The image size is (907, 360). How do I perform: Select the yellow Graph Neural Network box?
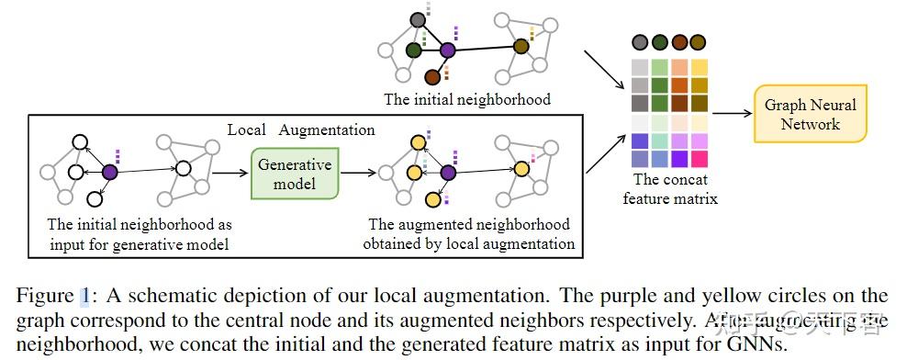point(810,115)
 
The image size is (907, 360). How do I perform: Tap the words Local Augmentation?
point(301,130)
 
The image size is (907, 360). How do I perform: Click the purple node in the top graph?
point(448,51)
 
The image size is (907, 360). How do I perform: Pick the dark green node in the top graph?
point(414,50)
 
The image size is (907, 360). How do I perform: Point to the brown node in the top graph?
point(431,78)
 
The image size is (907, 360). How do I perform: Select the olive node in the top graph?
point(521,47)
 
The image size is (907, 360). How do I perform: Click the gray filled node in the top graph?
point(418,19)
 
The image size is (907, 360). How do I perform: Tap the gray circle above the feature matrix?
point(639,42)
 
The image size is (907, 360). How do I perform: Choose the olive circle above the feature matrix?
point(699,42)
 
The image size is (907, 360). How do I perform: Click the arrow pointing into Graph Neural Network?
point(732,115)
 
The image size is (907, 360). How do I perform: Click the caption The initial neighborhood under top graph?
point(467,99)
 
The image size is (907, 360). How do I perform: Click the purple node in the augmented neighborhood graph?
point(449,173)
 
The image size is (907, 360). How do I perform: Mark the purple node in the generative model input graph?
point(110,171)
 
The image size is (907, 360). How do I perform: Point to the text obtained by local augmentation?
point(468,243)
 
